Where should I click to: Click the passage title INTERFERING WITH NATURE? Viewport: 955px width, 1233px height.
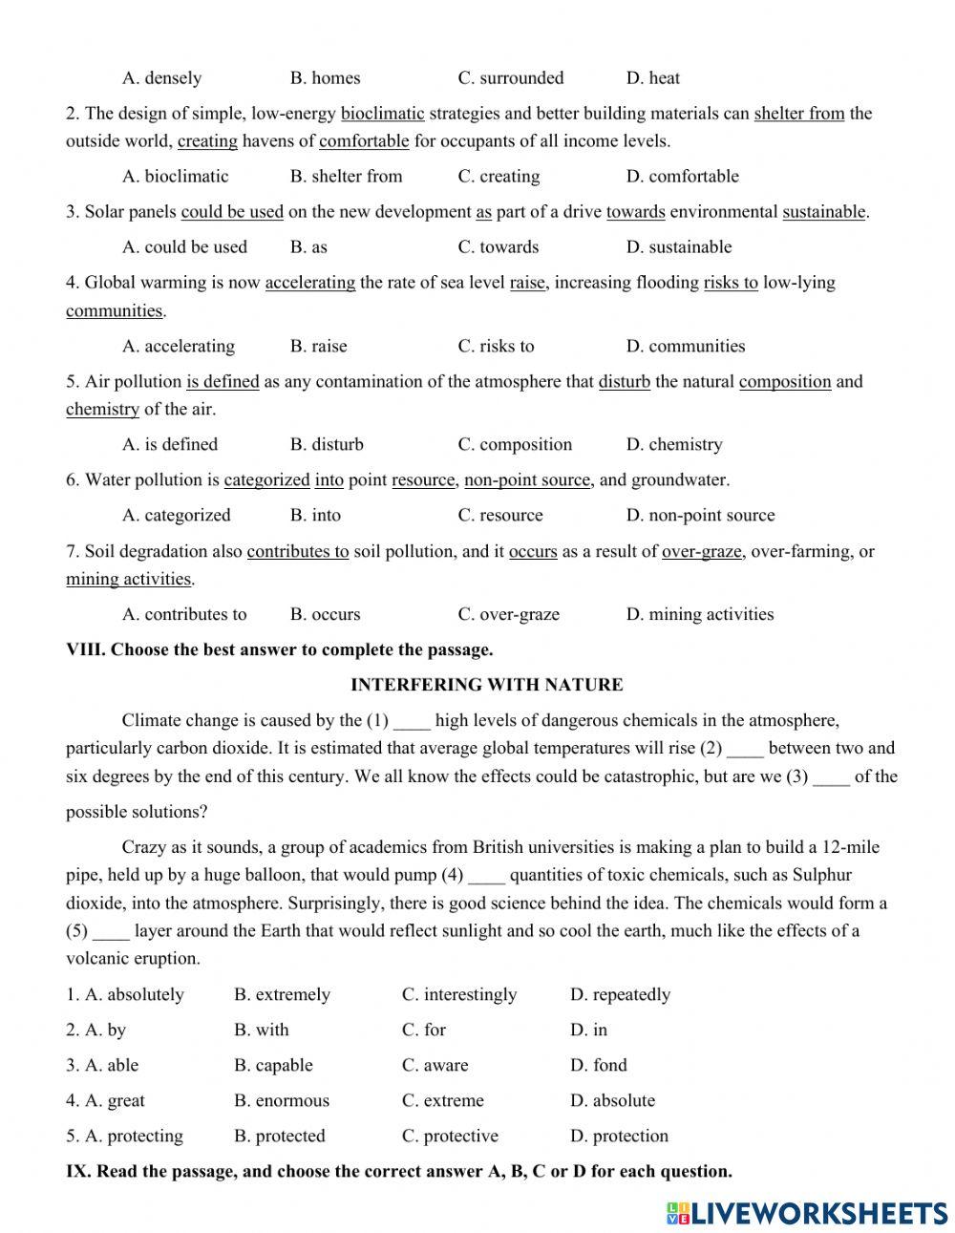pos(486,685)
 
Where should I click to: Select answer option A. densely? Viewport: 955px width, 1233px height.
pos(161,78)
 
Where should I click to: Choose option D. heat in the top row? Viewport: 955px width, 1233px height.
pos(652,78)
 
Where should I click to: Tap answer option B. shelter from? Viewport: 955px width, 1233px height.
pos(346,177)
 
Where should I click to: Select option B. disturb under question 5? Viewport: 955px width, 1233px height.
pos(327,445)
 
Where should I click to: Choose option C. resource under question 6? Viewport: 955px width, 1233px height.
pos(499,516)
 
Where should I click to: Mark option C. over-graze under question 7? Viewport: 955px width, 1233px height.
pos(508,615)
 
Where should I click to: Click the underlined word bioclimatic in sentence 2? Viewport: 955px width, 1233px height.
pos(382,114)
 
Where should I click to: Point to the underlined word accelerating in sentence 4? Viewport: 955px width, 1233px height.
pos(309,283)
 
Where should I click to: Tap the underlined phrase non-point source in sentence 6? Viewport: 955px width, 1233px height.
pos(526,480)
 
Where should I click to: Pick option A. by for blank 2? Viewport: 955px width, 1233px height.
pos(95,1031)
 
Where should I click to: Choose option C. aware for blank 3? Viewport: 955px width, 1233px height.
pos(435,1066)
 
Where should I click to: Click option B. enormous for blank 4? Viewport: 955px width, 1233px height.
pos(281,1101)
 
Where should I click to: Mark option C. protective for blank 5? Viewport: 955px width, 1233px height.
pos(450,1137)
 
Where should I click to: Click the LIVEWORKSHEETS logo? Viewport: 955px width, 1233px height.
pos(806,1212)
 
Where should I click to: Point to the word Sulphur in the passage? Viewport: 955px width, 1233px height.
pos(819,875)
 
